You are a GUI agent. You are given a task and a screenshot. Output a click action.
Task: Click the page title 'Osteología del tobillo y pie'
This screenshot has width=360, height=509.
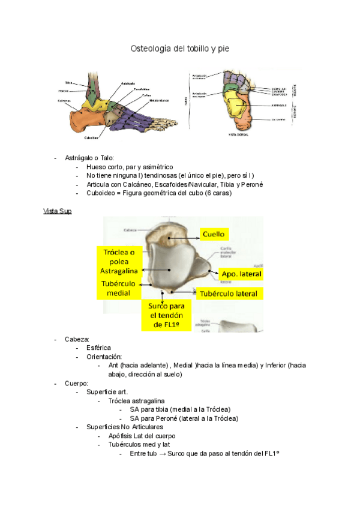(179, 47)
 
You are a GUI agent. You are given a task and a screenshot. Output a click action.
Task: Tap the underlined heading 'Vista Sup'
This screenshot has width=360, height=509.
(58, 211)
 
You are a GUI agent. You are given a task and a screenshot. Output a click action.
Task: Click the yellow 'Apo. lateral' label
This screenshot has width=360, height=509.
(241, 274)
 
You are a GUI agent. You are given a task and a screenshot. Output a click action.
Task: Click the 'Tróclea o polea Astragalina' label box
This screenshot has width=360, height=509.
(119, 262)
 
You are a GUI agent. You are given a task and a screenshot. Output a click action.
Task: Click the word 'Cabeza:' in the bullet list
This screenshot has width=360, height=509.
(77, 339)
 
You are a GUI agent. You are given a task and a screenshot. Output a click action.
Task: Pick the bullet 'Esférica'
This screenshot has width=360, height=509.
(99, 348)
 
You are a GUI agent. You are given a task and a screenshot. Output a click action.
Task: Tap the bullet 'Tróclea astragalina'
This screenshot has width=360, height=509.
(136, 400)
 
